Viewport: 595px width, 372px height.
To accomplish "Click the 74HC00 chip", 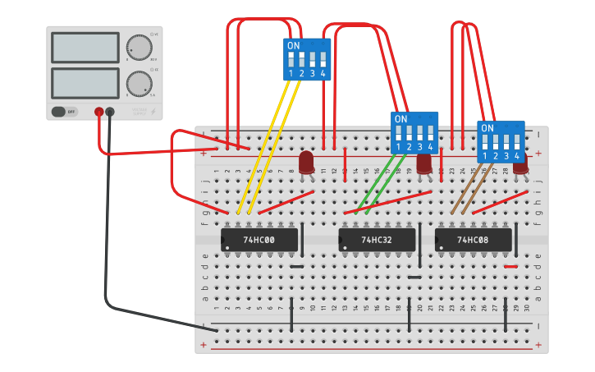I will [x=259, y=240].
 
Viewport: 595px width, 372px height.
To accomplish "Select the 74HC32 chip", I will [x=377, y=240].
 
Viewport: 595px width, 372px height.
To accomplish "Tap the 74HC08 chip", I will [x=473, y=240].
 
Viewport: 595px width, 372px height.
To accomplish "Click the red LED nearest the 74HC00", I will [x=306, y=162].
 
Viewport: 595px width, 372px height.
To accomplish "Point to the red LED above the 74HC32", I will [x=424, y=162].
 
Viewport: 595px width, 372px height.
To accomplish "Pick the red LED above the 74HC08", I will [x=520, y=163].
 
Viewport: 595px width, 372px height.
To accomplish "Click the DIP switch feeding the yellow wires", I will [x=307, y=60].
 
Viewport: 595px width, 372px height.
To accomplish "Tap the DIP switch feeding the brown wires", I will [x=501, y=142].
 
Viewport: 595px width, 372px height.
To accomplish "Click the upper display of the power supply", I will [x=85, y=48].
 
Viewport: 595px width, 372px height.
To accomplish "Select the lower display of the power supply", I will [x=85, y=82].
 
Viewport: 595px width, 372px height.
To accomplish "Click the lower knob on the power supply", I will [x=140, y=83].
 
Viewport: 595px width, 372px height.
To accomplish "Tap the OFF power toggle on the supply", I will [x=64, y=112].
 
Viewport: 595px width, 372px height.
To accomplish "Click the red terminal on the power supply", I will [x=99, y=112].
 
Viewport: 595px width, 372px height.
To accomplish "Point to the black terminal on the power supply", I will [x=110, y=112].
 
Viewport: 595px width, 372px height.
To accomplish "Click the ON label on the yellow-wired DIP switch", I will [x=293, y=45].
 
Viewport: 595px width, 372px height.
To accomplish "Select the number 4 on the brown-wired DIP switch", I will [x=516, y=156].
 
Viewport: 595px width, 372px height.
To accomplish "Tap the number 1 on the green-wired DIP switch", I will [x=398, y=147].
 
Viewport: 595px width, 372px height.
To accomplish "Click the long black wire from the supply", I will [x=107, y=246].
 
